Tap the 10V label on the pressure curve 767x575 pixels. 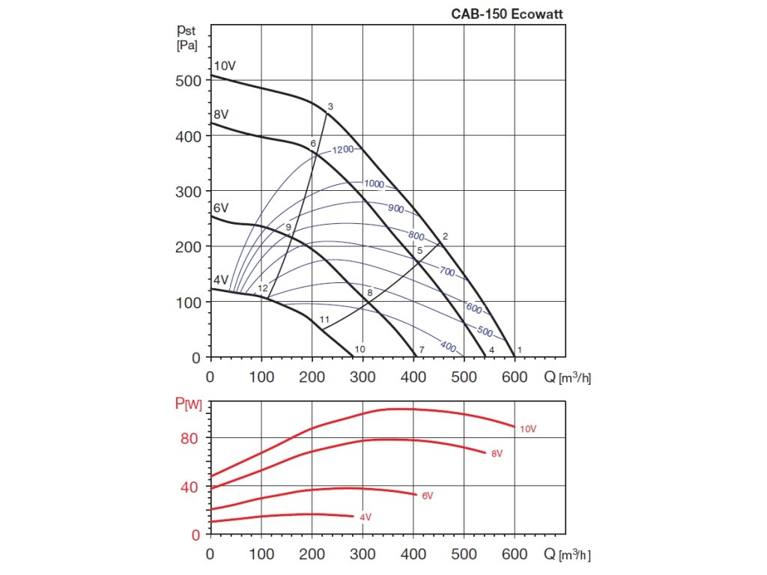(x=225, y=65)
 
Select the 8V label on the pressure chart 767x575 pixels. (x=221, y=115)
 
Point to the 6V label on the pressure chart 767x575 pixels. (x=220, y=207)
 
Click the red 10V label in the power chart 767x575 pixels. (x=528, y=429)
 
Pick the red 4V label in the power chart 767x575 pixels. (x=366, y=517)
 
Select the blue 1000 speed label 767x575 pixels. (x=374, y=184)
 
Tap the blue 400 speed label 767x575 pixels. (x=448, y=346)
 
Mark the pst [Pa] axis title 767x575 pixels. (x=187, y=37)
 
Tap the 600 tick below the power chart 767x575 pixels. (x=515, y=555)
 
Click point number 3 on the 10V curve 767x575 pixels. (x=330, y=106)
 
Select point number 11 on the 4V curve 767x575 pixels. (x=324, y=320)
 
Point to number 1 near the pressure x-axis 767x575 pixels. (x=519, y=350)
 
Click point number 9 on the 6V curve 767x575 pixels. (x=288, y=227)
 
